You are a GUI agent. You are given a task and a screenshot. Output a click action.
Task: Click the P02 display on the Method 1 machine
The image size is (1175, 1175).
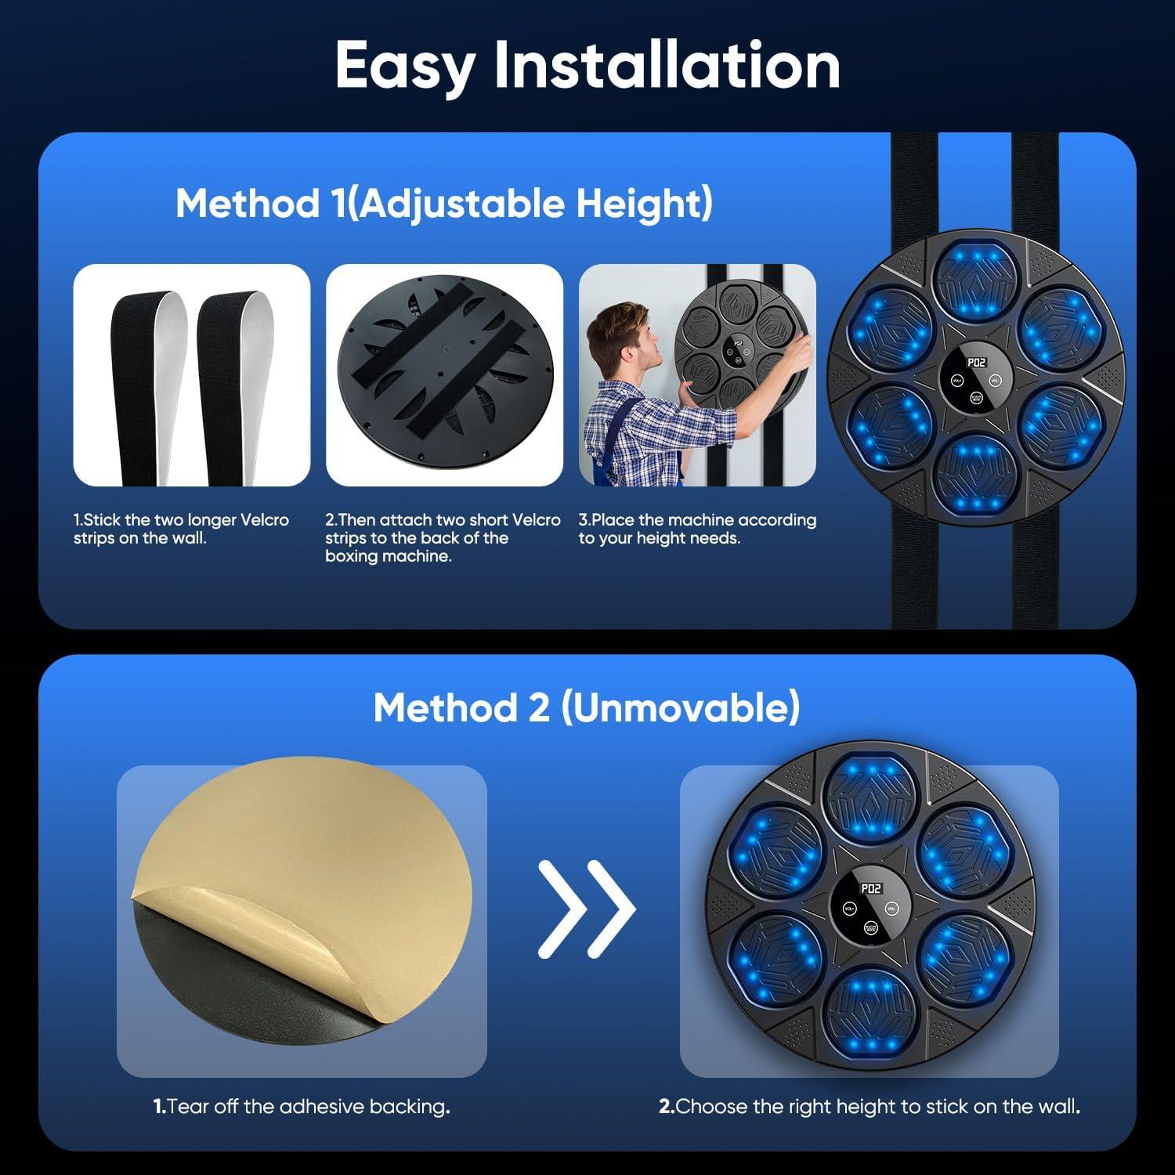coord(976,363)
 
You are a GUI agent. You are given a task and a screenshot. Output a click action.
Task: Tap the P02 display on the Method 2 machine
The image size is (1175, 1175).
coord(870,889)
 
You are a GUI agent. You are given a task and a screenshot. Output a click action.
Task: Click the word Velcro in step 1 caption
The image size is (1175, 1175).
coord(263,520)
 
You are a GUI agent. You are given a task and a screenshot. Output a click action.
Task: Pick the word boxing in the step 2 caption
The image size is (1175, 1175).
coord(349,557)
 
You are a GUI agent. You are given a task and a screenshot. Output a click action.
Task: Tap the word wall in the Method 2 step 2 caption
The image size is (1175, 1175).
coord(1058,1107)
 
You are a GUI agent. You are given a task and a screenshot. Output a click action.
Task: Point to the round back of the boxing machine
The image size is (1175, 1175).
coord(444,376)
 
